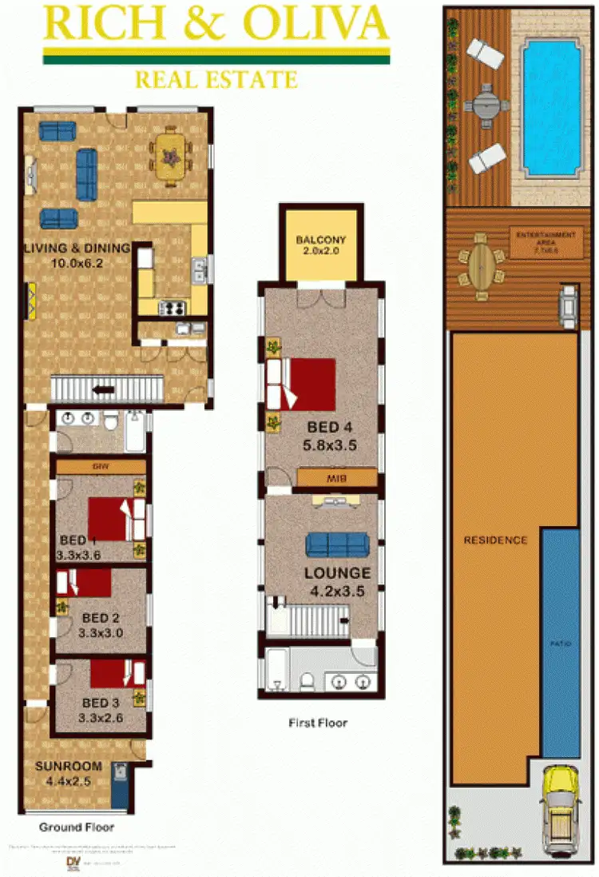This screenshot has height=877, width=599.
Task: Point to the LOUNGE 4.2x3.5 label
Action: tap(337, 580)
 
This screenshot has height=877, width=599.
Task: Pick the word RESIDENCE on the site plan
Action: tap(495, 540)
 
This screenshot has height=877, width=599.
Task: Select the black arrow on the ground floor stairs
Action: tap(103, 390)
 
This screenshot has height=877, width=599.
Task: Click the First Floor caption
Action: tap(318, 723)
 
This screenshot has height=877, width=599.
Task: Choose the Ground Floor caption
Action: tap(77, 827)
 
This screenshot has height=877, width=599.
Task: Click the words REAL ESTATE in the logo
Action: tap(216, 79)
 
